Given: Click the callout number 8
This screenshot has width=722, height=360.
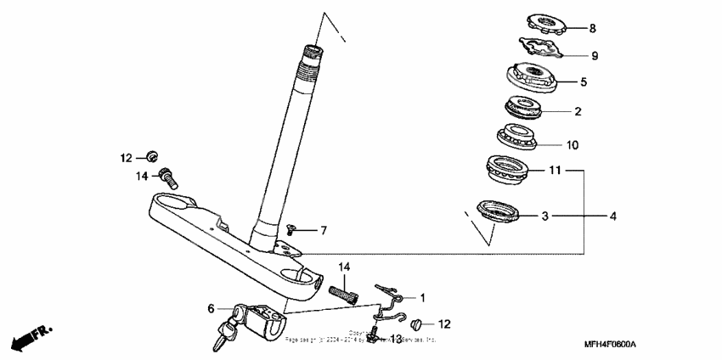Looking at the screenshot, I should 593,28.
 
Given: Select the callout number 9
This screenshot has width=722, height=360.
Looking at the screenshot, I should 595,55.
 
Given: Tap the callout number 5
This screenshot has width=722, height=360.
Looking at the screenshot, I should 584,82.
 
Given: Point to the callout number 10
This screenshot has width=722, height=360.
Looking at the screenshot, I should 573,145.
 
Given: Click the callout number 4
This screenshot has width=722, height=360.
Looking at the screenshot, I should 612,217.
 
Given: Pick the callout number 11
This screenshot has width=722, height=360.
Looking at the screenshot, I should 555,171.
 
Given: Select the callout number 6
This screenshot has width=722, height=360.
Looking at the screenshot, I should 212,310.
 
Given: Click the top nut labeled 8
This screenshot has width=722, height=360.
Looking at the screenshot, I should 541,24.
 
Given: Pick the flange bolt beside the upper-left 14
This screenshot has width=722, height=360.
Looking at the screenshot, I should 169,177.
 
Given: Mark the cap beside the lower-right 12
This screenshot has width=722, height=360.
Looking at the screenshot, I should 416,324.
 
